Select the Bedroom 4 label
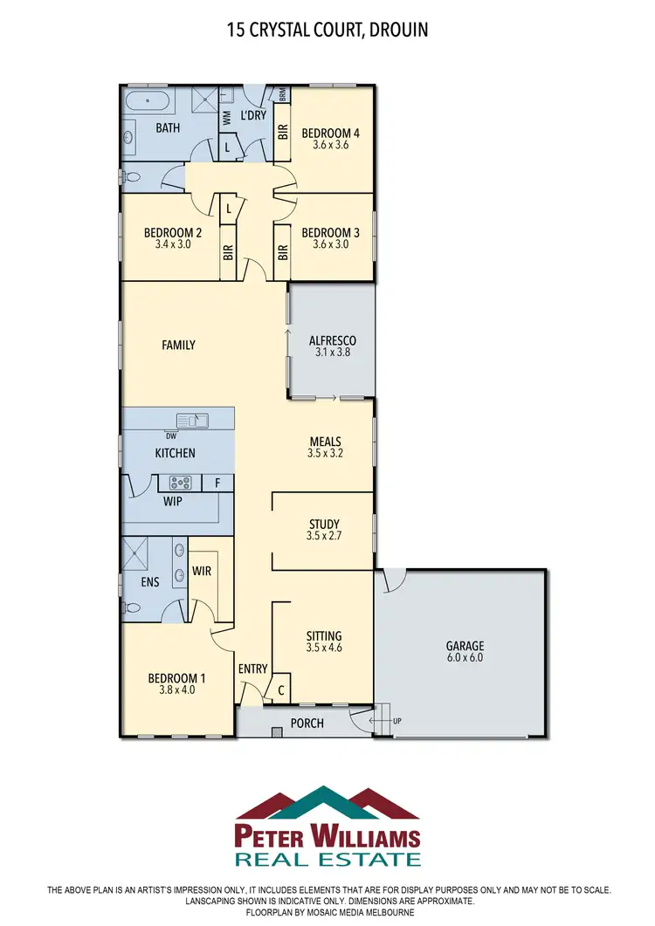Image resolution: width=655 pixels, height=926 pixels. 331,134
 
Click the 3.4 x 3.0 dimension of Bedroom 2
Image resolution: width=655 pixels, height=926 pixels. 173,245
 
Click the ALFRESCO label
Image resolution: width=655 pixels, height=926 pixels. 332,340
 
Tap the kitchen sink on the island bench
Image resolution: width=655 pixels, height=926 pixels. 192,421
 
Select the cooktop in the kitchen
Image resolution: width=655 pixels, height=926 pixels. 180,482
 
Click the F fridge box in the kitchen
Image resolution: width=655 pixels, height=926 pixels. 217,482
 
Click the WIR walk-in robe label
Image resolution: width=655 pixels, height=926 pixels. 201,572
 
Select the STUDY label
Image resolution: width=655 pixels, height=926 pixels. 324,525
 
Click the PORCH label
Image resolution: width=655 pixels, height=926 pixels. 307,723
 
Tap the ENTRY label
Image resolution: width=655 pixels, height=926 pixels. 252,669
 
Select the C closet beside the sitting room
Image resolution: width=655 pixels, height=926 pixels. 280,689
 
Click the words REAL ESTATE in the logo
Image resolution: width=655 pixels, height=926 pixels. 327,859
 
